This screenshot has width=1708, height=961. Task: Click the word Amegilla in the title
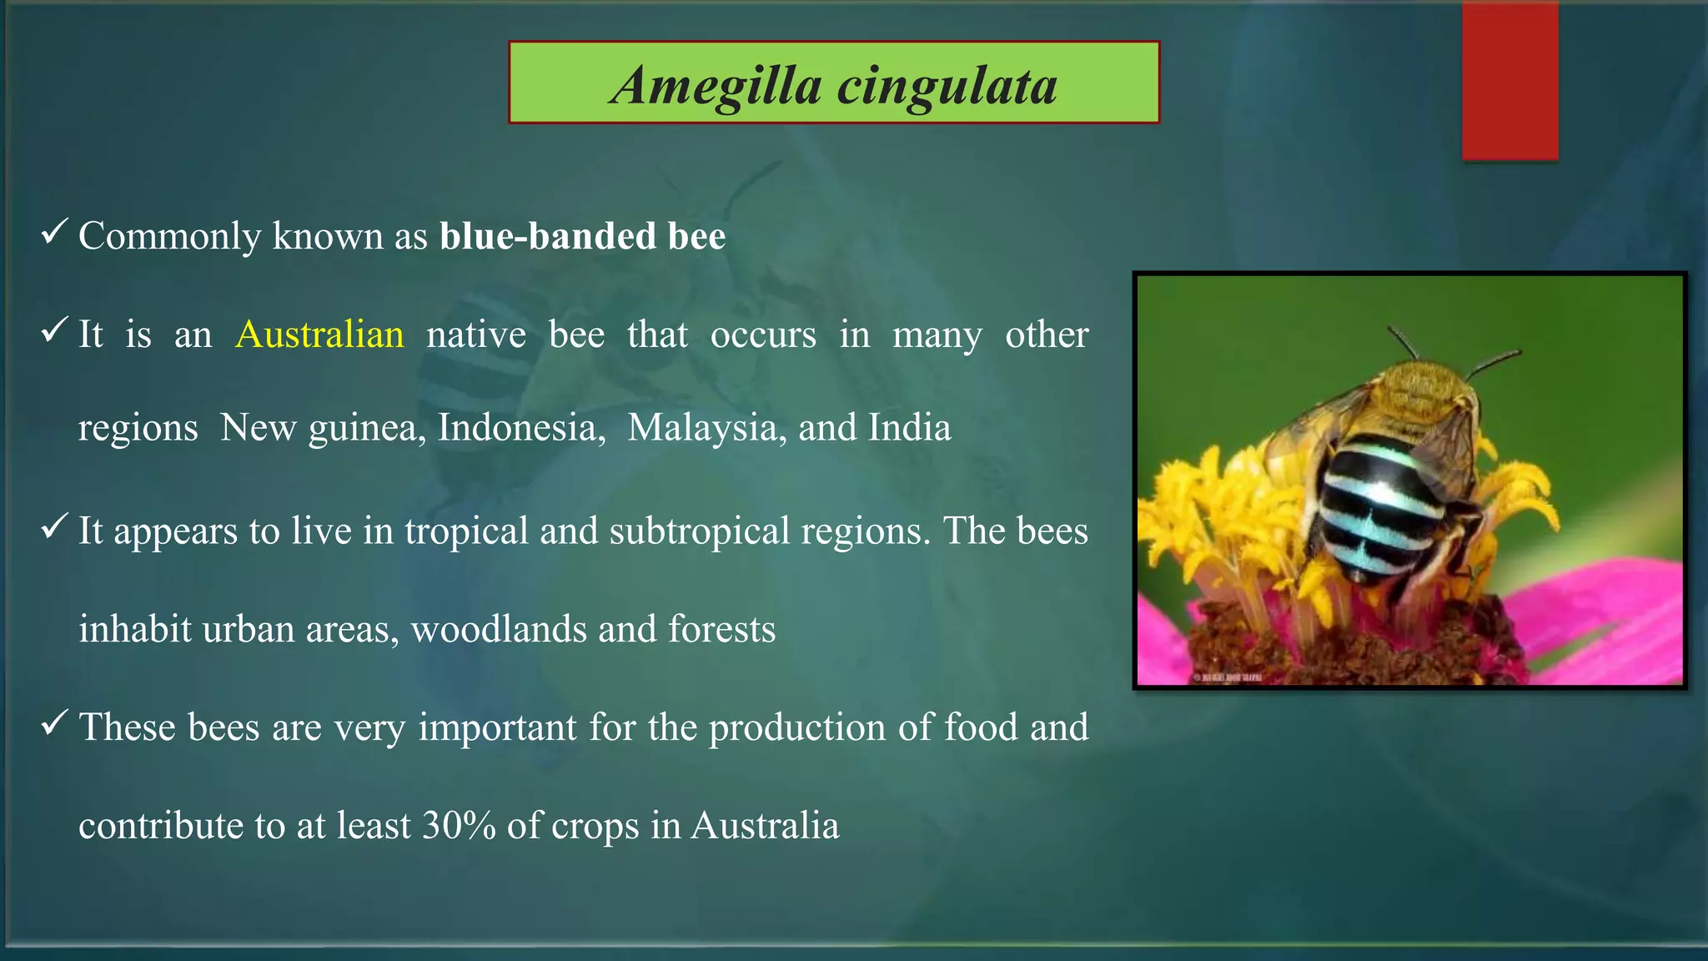716,87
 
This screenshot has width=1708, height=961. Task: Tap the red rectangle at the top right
1510,82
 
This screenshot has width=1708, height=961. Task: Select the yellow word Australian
319,335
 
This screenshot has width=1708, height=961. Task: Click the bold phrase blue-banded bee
582,236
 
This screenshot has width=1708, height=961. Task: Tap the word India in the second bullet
909,428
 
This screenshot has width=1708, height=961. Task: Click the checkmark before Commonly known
54,233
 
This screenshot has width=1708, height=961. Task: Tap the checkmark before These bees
54,723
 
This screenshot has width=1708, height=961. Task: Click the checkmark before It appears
54,527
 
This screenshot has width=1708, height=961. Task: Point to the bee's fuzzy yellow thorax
1418,392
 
